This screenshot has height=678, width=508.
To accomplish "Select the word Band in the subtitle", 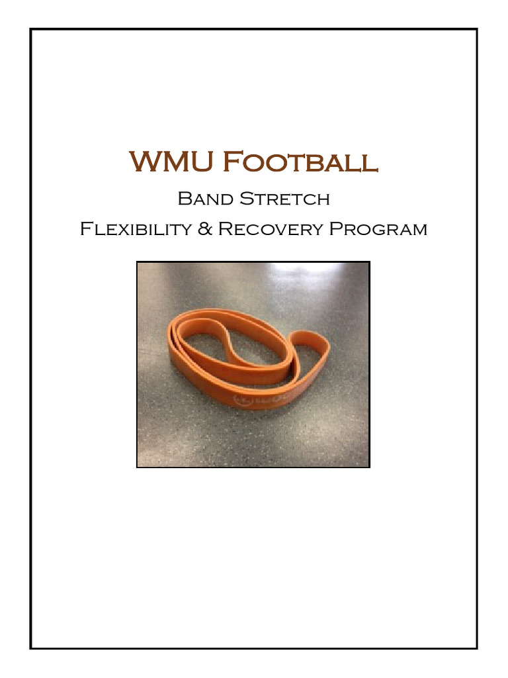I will [202, 198].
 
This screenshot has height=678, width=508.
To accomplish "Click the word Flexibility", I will [137, 230].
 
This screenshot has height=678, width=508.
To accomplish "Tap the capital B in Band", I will [184, 198].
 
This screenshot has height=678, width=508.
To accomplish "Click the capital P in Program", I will [335, 230].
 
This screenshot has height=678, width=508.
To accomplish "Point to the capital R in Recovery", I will [225, 230].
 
